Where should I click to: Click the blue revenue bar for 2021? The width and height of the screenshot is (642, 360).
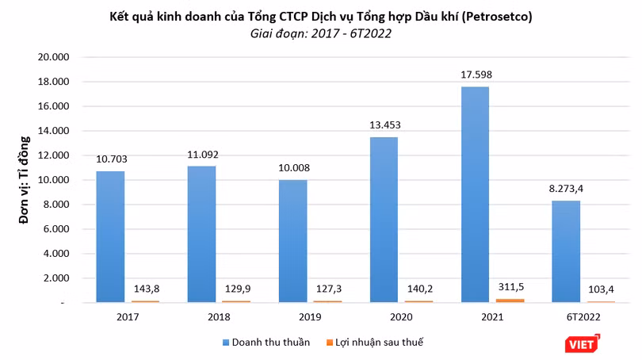point(475,194)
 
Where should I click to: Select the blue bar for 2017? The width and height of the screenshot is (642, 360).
point(110,237)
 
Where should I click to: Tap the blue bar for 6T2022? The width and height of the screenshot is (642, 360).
point(566,251)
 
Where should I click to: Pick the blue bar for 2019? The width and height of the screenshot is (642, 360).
point(292,241)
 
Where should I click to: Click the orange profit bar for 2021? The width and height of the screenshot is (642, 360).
point(510,301)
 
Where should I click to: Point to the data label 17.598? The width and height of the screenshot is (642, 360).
point(476,75)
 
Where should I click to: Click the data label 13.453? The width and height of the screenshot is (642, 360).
point(385,125)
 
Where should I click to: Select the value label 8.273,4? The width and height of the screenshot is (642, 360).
point(566,189)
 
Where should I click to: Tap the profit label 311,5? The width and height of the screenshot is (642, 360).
point(511,287)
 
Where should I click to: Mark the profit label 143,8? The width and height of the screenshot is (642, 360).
point(147,289)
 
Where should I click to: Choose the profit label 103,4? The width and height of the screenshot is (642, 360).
point(601,289)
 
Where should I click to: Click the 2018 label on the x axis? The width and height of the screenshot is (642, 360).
point(219,317)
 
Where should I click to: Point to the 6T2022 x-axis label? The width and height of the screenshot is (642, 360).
point(583,317)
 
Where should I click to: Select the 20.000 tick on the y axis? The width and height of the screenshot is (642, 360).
point(53,57)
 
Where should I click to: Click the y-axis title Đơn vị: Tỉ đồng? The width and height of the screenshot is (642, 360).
point(25,180)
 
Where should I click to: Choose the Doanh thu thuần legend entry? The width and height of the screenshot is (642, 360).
point(266,343)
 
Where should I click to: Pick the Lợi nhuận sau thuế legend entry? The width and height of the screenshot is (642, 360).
point(375,343)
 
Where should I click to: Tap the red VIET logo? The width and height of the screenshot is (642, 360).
point(583,344)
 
